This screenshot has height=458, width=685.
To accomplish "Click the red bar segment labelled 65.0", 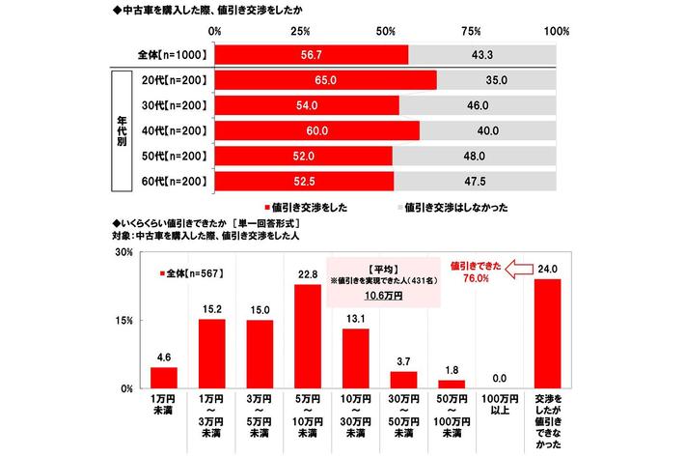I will click(x=326, y=79).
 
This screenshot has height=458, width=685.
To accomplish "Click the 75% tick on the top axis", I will click(x=473, y=31).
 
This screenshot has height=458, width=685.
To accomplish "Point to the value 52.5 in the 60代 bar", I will click(x=305, y=180).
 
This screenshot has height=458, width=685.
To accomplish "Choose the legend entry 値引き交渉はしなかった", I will click(x=452, y=205).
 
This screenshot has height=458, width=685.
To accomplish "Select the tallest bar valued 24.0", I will click(x=547, y=333).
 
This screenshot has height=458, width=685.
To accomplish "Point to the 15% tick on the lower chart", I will click(x=123, y=321).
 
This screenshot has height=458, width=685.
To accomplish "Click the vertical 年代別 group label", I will click(x=120, y=129).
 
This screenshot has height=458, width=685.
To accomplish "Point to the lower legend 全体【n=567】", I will click(x=189, y=274).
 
